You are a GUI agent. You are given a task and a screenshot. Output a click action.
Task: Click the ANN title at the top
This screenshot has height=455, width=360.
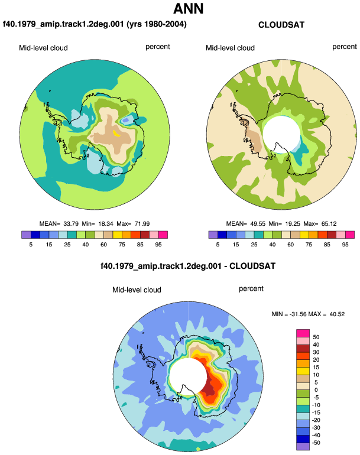point(189,9)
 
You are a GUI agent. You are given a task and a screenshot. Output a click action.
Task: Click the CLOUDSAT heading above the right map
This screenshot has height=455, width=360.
point(281,25)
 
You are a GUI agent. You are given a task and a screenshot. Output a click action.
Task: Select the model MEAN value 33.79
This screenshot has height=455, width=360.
point(71,224)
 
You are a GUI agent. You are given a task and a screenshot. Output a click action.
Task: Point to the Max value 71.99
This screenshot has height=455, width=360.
point(142,224)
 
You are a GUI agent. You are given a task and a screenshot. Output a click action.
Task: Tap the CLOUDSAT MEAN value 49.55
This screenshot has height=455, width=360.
point(258,224)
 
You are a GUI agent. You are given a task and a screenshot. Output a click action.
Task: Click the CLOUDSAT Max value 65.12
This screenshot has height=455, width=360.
point(329,224)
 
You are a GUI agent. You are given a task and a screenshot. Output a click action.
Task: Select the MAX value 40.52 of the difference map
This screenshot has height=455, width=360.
point(337,314)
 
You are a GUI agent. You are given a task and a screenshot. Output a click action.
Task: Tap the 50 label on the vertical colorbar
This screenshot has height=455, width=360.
point(316,337)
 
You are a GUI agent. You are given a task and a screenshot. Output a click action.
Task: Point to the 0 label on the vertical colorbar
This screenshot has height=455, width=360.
point(316,390)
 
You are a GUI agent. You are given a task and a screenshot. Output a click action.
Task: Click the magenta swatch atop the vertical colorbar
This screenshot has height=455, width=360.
point(303,333)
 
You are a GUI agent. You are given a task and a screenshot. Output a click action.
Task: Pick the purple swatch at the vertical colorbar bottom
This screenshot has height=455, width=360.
point(303,447)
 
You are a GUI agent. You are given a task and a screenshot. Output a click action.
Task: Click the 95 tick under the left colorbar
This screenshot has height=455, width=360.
point(158,245)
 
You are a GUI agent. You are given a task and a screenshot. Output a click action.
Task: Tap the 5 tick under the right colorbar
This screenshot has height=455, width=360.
point(218,245)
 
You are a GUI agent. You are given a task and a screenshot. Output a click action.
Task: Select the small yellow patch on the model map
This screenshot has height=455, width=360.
point(116,133)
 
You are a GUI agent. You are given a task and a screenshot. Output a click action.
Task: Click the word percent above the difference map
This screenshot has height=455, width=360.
point(251,289)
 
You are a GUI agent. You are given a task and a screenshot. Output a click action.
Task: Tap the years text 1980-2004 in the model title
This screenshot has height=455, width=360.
point(164,24)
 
